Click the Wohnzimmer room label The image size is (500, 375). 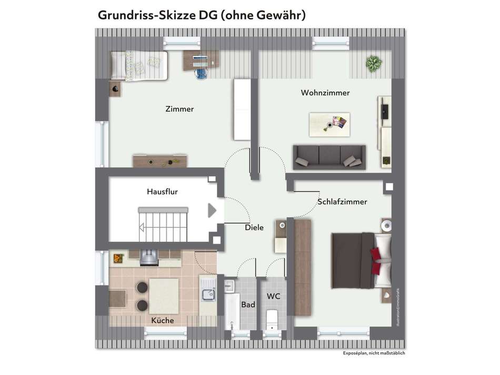[325, 93]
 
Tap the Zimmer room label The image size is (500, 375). [179, 109]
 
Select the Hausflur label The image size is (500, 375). [162, 192]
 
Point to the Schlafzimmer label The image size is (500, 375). [342, 202]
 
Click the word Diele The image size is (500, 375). [254, 228]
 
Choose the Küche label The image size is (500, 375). [162, 320]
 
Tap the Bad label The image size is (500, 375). [248, 304]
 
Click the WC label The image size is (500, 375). [274, 297]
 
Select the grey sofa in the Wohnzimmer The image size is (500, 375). [329, 157]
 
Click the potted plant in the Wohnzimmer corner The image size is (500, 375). [374, 64]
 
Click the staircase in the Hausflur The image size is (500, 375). [163, 221]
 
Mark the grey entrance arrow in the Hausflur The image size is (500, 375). [212, 211]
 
